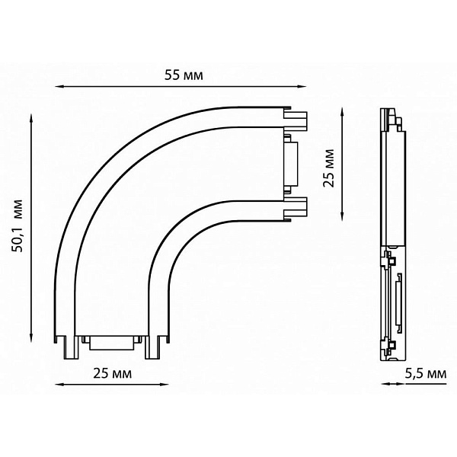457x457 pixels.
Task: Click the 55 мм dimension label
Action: coord(184,75)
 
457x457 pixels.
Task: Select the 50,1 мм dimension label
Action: coord(17,226)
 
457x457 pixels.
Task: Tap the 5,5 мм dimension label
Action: coord(426,373)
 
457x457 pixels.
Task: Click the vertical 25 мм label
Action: coord(329,168)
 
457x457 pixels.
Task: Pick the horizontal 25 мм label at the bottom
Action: coord(113,373)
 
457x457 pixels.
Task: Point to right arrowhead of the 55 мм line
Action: coord(302,87)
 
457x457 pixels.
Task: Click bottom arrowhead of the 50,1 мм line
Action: coord(31,337)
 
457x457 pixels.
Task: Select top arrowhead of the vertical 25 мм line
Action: coord(343,113)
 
